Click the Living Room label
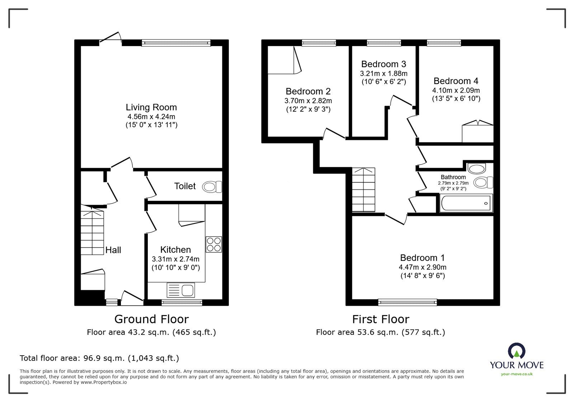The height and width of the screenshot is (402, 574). click(151, 107)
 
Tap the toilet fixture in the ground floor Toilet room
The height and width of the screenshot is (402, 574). click(212, 187)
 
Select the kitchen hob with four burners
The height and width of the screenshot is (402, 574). click(214, 245)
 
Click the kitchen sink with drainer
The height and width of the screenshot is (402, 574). click(181, 290)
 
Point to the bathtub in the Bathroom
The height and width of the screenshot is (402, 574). click(466, 203)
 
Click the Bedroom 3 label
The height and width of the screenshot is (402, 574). click(384, 64)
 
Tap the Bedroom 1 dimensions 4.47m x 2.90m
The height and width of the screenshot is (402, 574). click(423, 267)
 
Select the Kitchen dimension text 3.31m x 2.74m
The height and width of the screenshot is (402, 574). click(175, 259)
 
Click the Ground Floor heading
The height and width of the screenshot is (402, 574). click(151, 319)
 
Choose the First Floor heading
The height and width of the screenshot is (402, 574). click(381, 319)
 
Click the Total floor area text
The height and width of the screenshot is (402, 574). click(99, 358)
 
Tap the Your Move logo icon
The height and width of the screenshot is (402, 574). click(517, 351)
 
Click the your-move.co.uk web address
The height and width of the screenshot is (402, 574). click(517, 374)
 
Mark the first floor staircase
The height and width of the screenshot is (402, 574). click(363, 190)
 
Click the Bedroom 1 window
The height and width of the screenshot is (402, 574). click(408, 302)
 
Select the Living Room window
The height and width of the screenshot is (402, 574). click(176, 43)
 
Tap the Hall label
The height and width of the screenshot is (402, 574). click(113, 250)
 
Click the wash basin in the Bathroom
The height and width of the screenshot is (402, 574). click(477, 168)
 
